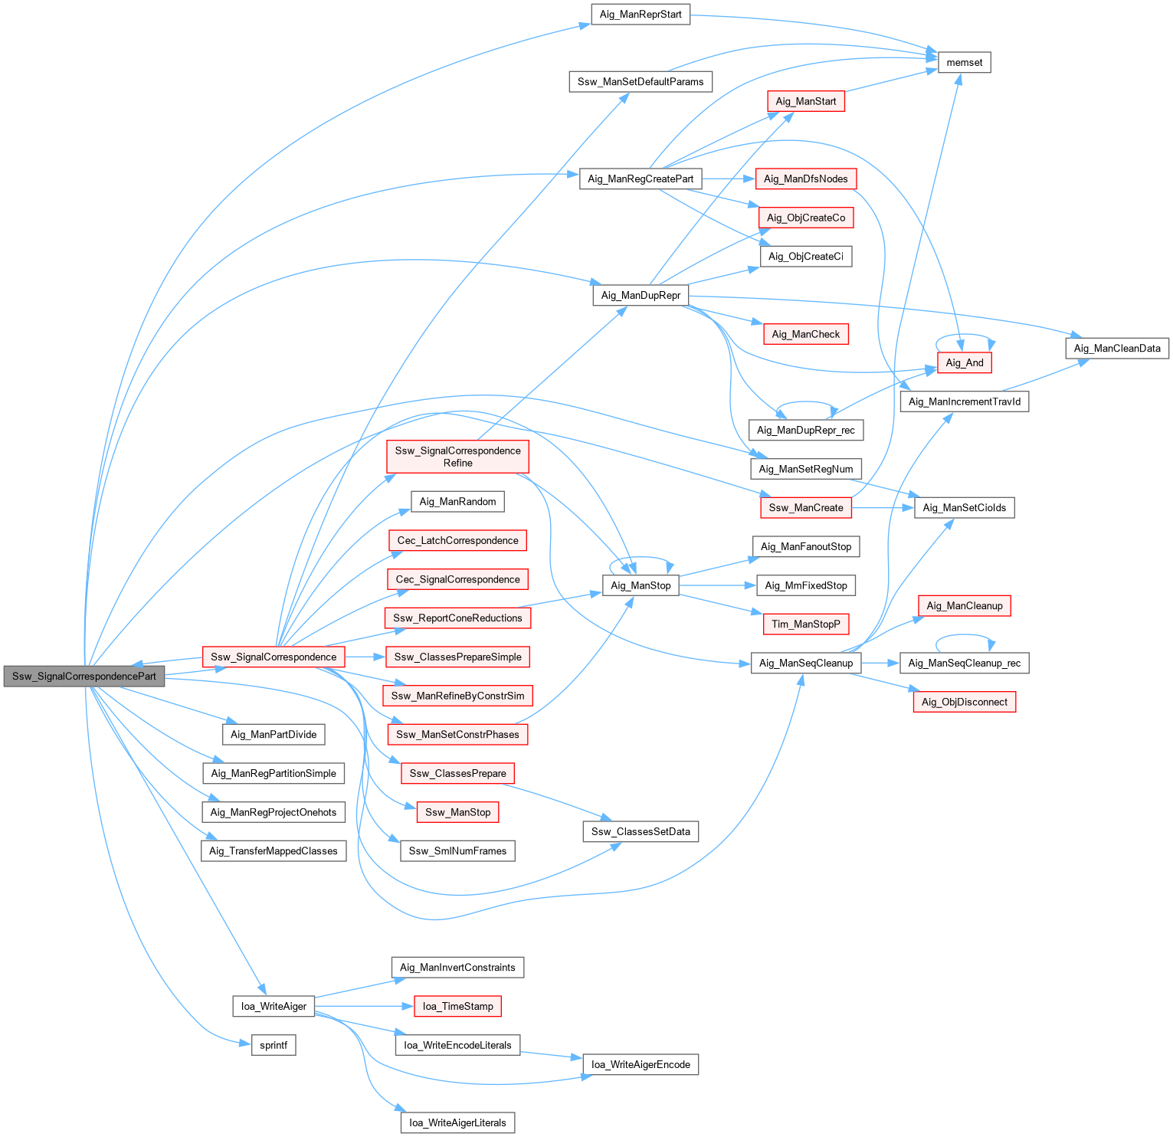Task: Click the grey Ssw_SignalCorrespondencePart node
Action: [x=84, y=677]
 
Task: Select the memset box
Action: [x=964, y=63]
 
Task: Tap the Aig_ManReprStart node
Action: [x=641, y=15]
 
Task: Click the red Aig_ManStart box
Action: [x=806, y=101]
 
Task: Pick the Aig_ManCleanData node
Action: [x=1117, y=349]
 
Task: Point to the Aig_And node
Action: [x=964, y=363]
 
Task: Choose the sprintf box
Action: [x=274, y=1045]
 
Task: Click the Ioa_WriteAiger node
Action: [x=274, y=1006]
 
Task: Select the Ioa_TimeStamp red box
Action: [x=457, y=1006]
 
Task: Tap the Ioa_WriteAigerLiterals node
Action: [x=457, y=1122]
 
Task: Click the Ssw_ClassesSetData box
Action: [x=641, y=831]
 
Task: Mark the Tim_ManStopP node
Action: [x=806, y=624]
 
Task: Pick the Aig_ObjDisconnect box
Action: [x=964, y=702]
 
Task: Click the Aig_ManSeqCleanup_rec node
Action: [x=964, y=664]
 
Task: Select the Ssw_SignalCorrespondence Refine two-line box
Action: [x=457, y=457]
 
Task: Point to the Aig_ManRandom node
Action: [x=457, y=502]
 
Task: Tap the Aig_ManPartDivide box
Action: [x=274, y=735]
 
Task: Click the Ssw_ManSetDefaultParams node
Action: [x=641, y=82]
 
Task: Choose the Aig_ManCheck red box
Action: [x=806, y=334]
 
